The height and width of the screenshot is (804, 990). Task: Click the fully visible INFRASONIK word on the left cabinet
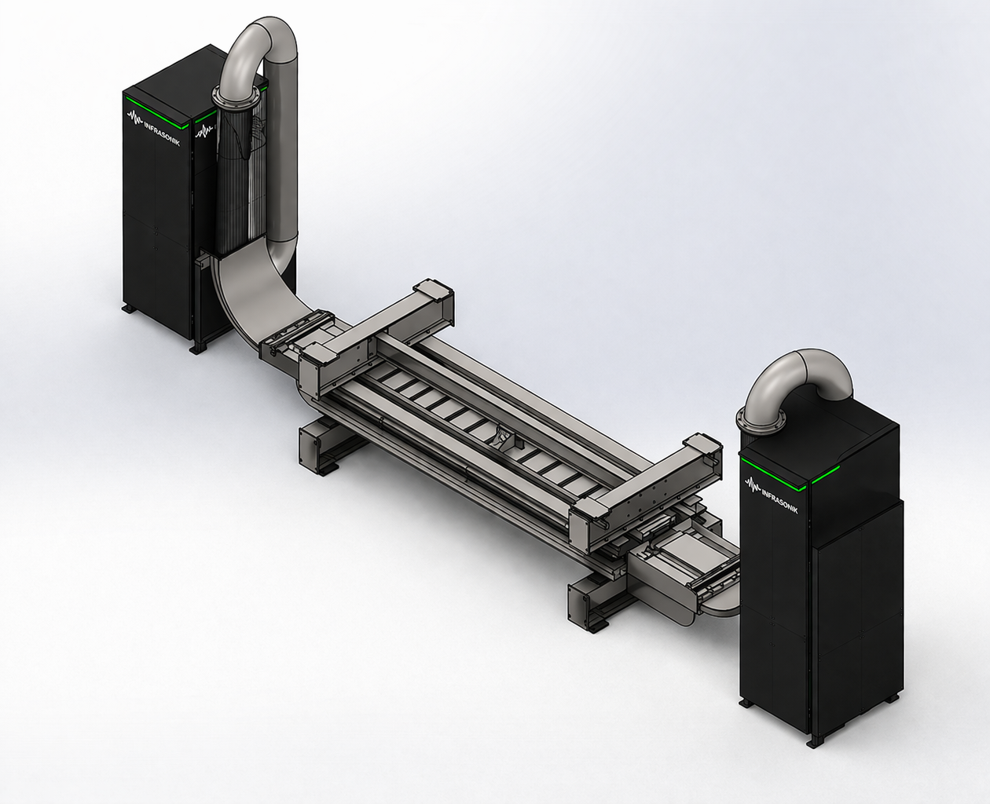pyautogui.click(x=162, y=133)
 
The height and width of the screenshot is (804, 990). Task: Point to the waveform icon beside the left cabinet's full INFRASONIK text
pyautogui.click(x=134, y=118)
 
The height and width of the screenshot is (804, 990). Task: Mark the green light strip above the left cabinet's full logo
pyautogui.click(x=156, y=110)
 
